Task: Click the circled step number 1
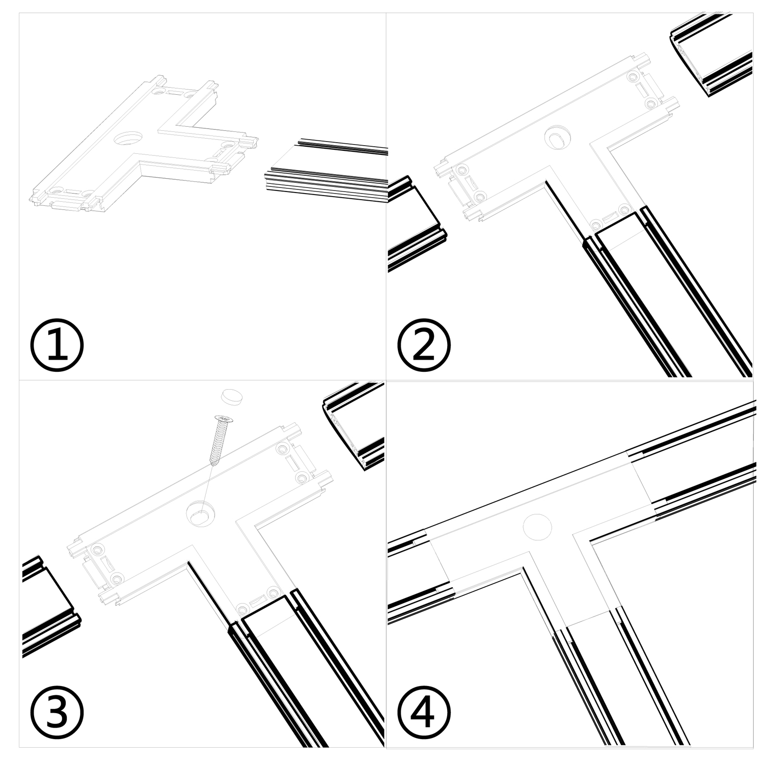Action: pos(57,346)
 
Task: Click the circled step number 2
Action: pos(424,346)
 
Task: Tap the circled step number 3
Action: pos(57,713)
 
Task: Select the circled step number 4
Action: pos(424,713)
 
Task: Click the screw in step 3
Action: pos(220,440)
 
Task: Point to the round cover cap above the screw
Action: pos(232,397)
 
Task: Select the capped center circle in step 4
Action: pos(538,526)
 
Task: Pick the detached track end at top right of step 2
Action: pos(713,59)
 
